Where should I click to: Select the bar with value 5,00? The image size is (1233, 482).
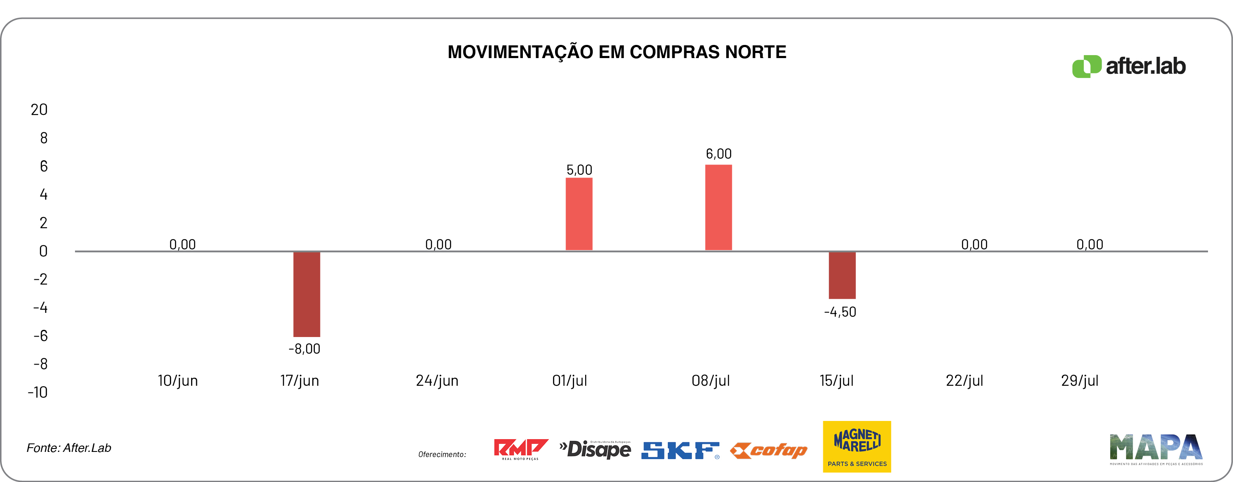(579, 214)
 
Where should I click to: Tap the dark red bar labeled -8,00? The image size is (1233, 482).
(306, 294)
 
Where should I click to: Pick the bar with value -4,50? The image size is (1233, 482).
(842, 275)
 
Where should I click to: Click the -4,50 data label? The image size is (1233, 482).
(840, 312)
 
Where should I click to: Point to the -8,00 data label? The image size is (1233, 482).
(304, 349)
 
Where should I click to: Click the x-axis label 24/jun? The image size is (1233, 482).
(437, 380)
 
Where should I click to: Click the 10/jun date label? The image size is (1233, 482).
(178, 380)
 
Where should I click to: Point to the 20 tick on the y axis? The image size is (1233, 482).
(39, 110)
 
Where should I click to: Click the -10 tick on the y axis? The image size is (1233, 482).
(38, 393)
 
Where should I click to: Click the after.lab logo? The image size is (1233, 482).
(1129, 66)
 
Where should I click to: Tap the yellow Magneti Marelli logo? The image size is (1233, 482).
(857, 446)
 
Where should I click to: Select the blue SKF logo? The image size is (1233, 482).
(680, 450)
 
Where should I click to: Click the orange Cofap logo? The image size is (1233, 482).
(769, 450)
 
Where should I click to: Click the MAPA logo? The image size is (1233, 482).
(1156, 449)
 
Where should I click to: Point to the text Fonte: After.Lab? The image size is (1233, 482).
(69, 448)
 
